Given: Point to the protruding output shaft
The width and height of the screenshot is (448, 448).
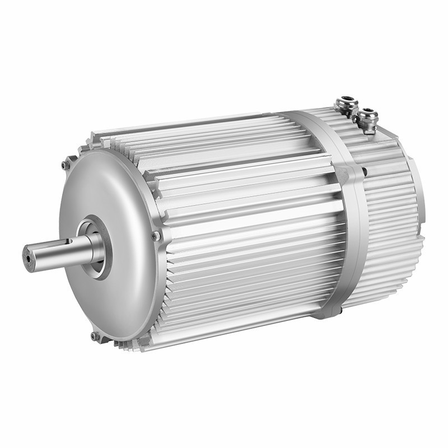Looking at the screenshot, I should [x=53, y=255].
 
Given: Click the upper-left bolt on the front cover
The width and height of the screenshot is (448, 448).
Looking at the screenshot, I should [x=66, y=165].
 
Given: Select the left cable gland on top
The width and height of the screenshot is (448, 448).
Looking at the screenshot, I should [x=346, y=105].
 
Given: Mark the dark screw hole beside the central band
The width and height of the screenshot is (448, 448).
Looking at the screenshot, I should [x=365, y=172].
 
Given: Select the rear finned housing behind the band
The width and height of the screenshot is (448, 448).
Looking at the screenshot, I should [x=386, y=224].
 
